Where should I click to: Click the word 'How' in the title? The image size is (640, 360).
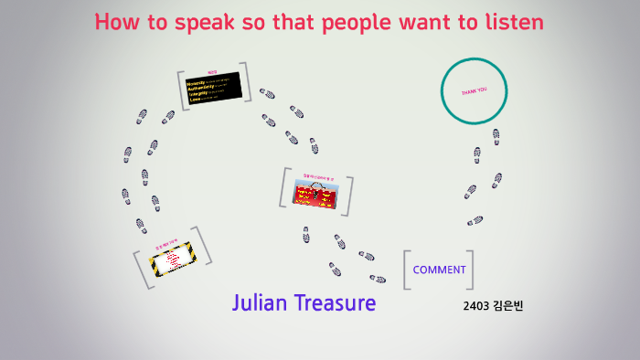115,22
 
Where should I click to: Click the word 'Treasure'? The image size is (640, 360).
335,302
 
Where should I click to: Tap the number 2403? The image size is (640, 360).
476,305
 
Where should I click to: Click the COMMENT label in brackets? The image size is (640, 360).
439,270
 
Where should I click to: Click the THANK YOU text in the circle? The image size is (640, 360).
475,90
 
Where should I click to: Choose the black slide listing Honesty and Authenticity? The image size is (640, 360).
212,89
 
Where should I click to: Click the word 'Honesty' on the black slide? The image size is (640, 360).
197,82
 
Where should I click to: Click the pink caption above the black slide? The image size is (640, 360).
212,71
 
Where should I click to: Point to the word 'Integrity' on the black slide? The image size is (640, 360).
197,93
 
